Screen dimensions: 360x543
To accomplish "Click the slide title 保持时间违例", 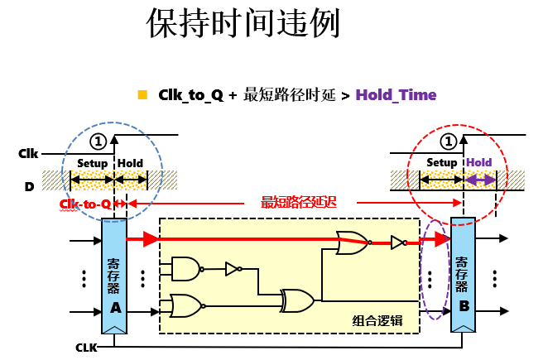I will click(243, 25).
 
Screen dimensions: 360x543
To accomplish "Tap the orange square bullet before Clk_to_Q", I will click(142, 94).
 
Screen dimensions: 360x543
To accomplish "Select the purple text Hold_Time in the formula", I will click(396, 95).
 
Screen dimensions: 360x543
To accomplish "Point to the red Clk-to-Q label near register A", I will click(85, 204).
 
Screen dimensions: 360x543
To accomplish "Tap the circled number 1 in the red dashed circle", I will click(449, 140).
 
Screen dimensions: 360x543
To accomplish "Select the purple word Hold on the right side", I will click(479, 162).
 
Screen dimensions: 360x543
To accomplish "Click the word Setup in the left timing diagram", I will click(92, 163).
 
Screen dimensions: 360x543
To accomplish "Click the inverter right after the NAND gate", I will click(232, 269).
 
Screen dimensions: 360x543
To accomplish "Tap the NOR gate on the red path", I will click(353, 242).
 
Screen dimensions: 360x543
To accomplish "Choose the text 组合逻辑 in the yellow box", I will click(377, 319).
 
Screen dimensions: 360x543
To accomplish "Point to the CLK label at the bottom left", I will click(86, 347).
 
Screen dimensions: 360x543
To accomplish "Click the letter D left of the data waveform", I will click(29, 186).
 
